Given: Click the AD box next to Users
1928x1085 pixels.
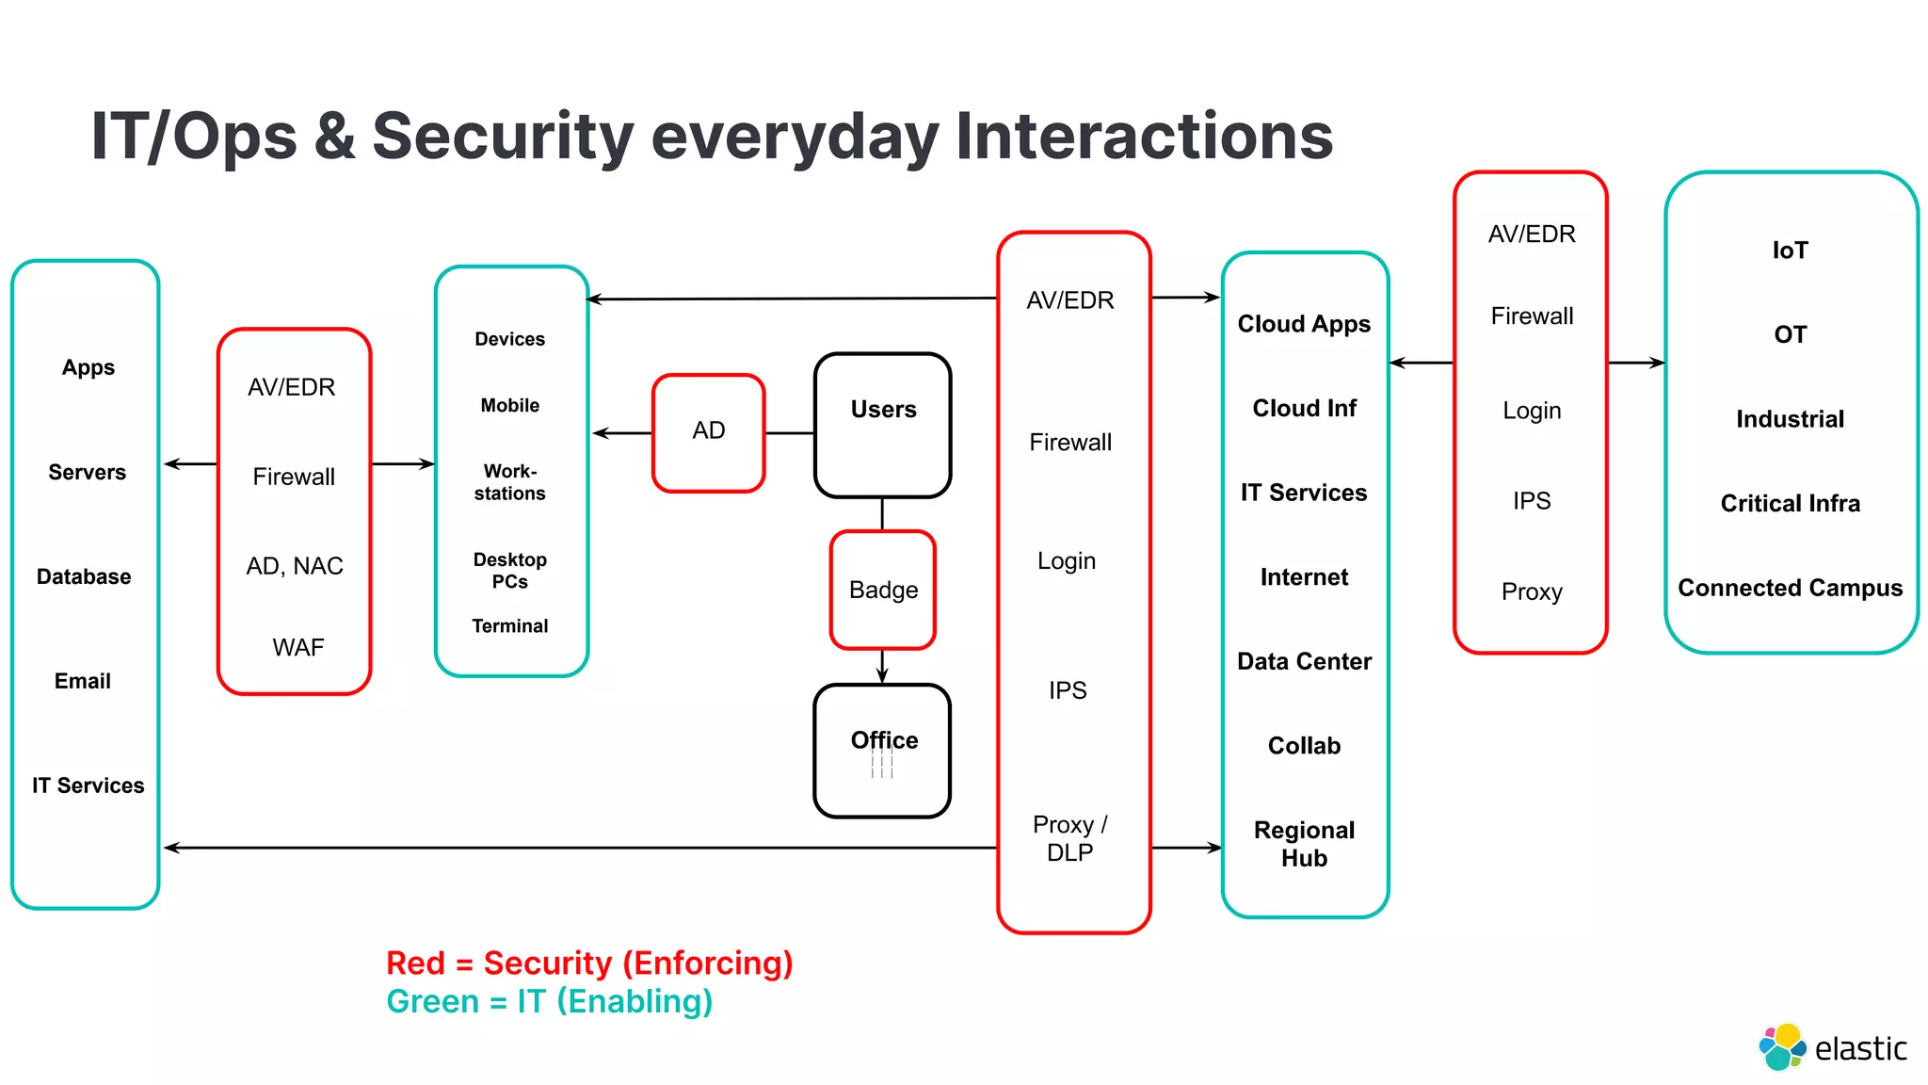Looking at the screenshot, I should (708, 432).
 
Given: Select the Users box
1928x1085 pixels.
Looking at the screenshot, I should (882, 425).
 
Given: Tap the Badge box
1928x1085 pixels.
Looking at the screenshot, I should (882, 590).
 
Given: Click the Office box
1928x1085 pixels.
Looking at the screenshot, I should (882, 750).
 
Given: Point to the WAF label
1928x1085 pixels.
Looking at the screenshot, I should (297, 647).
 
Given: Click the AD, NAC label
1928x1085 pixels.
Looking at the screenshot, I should (295, 566).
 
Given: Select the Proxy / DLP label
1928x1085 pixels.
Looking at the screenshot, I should (1070, 838).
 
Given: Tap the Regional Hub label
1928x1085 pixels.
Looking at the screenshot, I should (1304, 844).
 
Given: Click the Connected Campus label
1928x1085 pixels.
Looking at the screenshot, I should (1790, 588).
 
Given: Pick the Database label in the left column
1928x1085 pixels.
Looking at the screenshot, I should (84, 576).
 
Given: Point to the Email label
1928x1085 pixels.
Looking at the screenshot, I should (83, 681).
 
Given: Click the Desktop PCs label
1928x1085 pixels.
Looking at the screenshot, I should (509, 571).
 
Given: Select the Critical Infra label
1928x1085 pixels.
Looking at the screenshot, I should (1790, 504).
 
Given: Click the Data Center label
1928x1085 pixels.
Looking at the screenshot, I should (1304, 661).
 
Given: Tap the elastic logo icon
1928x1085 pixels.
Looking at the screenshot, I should (1781, 1047).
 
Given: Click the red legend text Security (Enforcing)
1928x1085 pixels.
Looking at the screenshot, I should (637, 963).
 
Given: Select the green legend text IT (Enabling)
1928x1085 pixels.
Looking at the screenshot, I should (614, 1001).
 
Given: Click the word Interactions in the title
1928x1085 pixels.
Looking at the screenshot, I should (1144, 137).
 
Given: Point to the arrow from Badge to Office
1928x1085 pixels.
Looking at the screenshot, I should (882, 666).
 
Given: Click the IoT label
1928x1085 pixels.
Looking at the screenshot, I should (1790, 251).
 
